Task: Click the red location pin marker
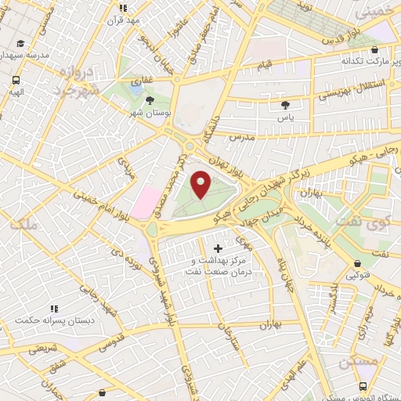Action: (201, 185)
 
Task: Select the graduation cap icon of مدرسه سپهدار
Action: (20, 44)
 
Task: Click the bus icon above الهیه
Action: (16, 79)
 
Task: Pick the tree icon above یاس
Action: (284, 103)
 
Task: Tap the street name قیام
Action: (265, 63)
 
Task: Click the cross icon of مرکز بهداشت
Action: (218, 249)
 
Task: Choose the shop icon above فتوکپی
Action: (358, 264)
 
